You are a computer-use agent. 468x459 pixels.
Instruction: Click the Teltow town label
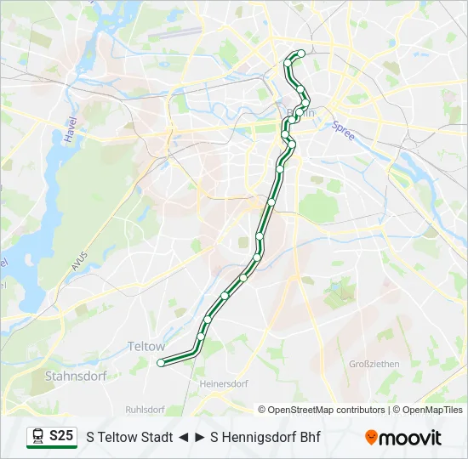pyautogui.click(x=146, y=346)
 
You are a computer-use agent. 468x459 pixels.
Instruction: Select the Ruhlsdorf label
pyautogui.click(x=144, y=409)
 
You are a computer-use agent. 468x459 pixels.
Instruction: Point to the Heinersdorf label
pyautogui.click(x=222, y=384)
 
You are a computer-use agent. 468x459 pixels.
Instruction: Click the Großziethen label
pyautogui.click(x=374, y=364)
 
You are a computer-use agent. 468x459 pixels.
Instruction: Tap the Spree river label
pyautogui.click(x=343, y=128)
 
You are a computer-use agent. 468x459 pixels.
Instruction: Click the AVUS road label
pyautogui.click(x=79, y=262)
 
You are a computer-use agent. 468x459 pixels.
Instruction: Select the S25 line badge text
pyautogui.click(x=61, y=436)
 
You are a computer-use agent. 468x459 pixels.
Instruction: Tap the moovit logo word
pyautogui.click(x=410, y=438)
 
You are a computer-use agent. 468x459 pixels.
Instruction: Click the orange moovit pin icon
pyautogui.click(x=371, y=438)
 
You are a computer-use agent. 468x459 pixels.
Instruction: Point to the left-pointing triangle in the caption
pyautogui.click(x=183, y=438)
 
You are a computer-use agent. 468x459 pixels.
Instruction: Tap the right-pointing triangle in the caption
pyautogui.click(x=200, y=438)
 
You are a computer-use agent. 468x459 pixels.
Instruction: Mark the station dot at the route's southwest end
pyautogui.click(x=161, y=363)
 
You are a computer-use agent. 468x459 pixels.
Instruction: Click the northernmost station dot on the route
pyautogui.click(x=301, y=54)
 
